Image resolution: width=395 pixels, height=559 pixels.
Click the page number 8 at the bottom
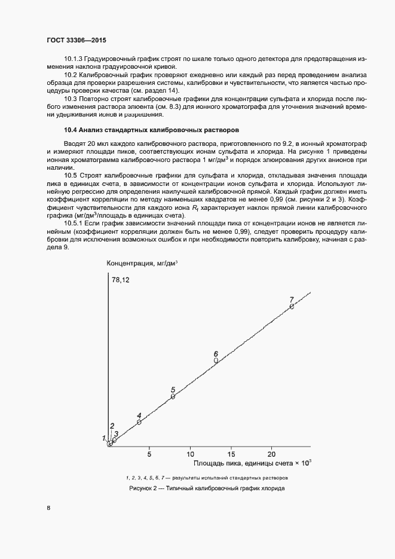(x=48, y=508)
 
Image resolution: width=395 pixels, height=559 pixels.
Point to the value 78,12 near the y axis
(x=121, y=280)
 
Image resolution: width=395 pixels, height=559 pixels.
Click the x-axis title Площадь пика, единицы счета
(x=252, y=463)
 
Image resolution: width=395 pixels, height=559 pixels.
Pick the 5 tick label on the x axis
(x=149, y=453)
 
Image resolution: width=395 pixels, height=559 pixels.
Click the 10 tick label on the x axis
(x=190, y=453)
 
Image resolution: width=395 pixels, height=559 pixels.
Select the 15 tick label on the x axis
(x=231, y=453)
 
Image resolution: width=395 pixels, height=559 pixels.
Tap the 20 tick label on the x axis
(x=271, y=453)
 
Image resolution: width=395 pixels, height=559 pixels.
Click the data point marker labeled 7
(x=292, y=307)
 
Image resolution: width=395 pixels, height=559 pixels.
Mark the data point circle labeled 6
(x=216, y=361)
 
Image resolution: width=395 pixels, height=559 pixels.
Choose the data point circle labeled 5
(x=173, y=396)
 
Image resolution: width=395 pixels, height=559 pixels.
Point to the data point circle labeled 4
(x=139, y=422)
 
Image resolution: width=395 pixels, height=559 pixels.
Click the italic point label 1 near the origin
(x=103, y=438)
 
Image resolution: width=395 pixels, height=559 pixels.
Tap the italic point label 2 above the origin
(x=112, y=426)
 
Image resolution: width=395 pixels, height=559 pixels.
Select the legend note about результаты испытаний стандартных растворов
(x=206, y=478)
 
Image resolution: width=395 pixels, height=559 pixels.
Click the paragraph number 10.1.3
(x=74, y=59)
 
